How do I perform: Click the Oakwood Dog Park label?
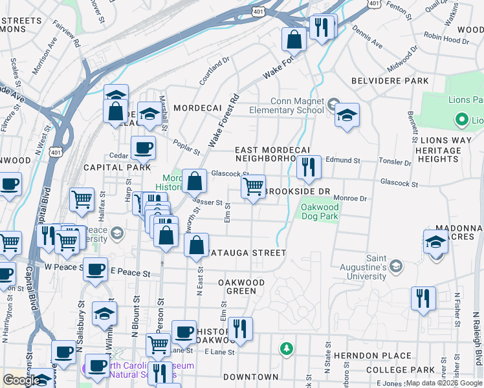coord(318,211)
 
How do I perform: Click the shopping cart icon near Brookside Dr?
coord(254,187)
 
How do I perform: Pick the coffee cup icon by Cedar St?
coord(144,148)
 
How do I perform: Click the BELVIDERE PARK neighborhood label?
coord(390,81)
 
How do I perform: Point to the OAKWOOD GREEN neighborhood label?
coord(241,286)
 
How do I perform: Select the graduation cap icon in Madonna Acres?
coord(436,242)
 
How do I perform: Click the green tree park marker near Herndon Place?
coord(286,349)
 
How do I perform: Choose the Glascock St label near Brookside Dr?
coord(397,184)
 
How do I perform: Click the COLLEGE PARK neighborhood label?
coord(400,370)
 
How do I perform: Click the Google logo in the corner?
coord(21,380)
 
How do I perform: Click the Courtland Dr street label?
coord(215,72)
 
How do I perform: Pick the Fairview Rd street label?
coord(67,36)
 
